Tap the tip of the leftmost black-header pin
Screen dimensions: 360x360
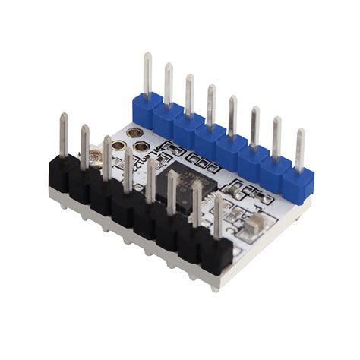pos(64,117)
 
